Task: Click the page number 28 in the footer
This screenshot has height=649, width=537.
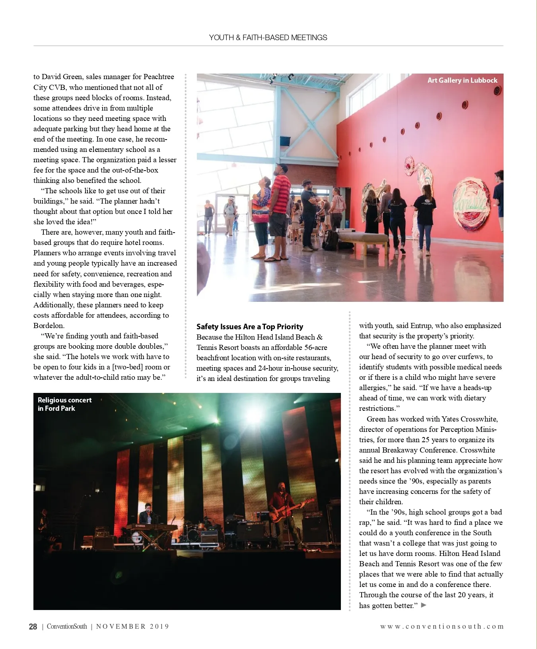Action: click(33, 627)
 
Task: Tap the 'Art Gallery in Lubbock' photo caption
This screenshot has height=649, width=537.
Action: click(462, 80)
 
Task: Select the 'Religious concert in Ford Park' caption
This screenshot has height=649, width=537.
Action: click(64, 404)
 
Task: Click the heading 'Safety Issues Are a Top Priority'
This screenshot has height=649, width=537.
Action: click(249, 326)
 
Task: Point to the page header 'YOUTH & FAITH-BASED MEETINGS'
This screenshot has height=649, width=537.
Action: click(268, 37)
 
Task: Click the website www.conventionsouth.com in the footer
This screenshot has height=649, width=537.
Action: click(442, 627)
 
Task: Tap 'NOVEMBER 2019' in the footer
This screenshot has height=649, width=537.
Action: click(132, 627)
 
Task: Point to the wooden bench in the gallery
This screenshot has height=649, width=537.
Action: click(362, 238)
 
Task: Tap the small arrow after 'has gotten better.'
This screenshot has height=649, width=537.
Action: click(424, 605)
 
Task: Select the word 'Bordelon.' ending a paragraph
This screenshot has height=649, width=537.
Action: click(49, 326)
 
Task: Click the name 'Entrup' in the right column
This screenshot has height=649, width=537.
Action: click(420, 326)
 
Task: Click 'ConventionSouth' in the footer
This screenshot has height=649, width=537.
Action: click(67, 627)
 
